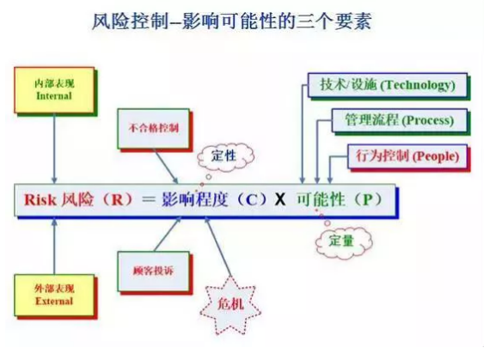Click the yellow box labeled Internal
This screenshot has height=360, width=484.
(54, 90)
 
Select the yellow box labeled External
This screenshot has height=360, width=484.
(54, 296)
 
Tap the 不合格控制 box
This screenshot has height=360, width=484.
(153, 129)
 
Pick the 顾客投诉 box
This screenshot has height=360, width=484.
(153, 272)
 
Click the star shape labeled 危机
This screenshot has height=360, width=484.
(230, 305)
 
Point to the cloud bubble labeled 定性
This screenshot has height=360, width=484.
(225, 156)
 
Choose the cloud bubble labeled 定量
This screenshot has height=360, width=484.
(343, 241)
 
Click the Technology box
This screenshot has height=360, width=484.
(388, 85)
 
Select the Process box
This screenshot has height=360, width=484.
(400, 120)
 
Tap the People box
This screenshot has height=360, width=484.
(407, 156)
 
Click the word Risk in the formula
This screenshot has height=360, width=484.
(40, 200)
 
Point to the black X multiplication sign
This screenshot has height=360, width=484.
(280, 200)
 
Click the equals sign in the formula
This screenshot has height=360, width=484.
(148, 199)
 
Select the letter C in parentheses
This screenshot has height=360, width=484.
(252, 200)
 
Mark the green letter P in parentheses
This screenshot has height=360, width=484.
(368, 200)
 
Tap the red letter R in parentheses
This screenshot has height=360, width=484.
(117, 200)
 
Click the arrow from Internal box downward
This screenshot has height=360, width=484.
(54, 149)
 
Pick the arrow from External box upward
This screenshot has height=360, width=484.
(55, 246)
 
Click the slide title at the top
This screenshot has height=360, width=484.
(231, 21)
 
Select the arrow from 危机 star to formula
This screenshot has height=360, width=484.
(217, 247)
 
